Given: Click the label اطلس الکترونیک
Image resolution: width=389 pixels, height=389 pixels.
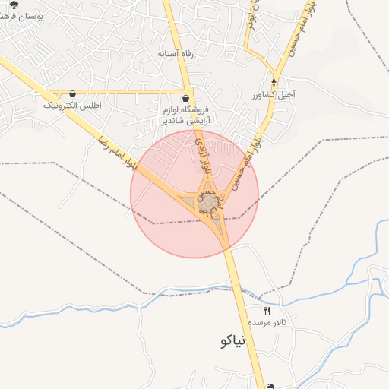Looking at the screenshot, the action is coord(72,105).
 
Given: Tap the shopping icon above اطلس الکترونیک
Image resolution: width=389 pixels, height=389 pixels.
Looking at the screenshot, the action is coord(72,93).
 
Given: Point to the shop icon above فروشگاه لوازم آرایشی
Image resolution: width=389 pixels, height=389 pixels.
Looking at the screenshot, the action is coord(186,98).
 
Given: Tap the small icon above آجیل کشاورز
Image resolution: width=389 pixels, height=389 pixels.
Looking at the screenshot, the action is coord(274,82).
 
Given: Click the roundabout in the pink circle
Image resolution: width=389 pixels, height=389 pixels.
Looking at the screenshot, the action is coord(207,203).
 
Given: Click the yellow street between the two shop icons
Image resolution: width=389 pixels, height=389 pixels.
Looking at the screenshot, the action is coord(129,93).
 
